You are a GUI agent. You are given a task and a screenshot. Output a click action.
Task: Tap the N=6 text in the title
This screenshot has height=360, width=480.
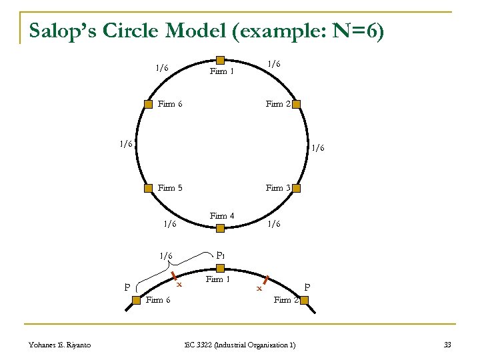[x=351, y=31]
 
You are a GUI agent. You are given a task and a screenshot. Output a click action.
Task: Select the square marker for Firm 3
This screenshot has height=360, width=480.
[x=297, y=188]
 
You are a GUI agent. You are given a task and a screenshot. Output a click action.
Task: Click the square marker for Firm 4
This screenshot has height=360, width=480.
[x=220, y=228]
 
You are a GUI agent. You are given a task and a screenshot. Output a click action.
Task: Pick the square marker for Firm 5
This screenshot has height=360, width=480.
[x=148, y=188]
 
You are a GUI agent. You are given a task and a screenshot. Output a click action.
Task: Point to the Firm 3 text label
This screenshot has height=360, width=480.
[x=278, y=188]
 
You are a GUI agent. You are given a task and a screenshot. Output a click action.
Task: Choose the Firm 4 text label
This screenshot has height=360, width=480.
[x=221, y=215]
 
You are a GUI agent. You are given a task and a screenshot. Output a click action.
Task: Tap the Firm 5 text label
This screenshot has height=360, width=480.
[x=170, y=188]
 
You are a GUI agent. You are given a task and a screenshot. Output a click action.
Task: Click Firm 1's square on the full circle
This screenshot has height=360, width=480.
[x=220, y=60]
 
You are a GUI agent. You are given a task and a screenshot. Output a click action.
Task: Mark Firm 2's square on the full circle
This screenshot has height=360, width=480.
[x=297, y=104]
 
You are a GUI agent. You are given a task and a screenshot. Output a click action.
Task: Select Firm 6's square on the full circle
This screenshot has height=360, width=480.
[x=148, y=104]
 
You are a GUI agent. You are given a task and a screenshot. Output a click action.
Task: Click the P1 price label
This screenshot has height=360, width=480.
[x=221, y=255]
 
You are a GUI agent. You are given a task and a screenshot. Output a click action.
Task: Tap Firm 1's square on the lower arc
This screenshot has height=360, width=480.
[x=220, y=267]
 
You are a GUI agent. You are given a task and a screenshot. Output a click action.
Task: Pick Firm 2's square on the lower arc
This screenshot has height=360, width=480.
[x=304, y=301]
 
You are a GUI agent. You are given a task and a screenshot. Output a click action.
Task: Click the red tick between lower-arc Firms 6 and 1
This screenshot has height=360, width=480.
[x=173, y=275]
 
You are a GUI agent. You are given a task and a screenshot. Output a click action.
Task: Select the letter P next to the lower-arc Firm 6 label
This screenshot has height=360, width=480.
[x=127, y=288]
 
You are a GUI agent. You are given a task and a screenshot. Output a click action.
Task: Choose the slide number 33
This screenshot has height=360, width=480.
[x=447, y=344]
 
